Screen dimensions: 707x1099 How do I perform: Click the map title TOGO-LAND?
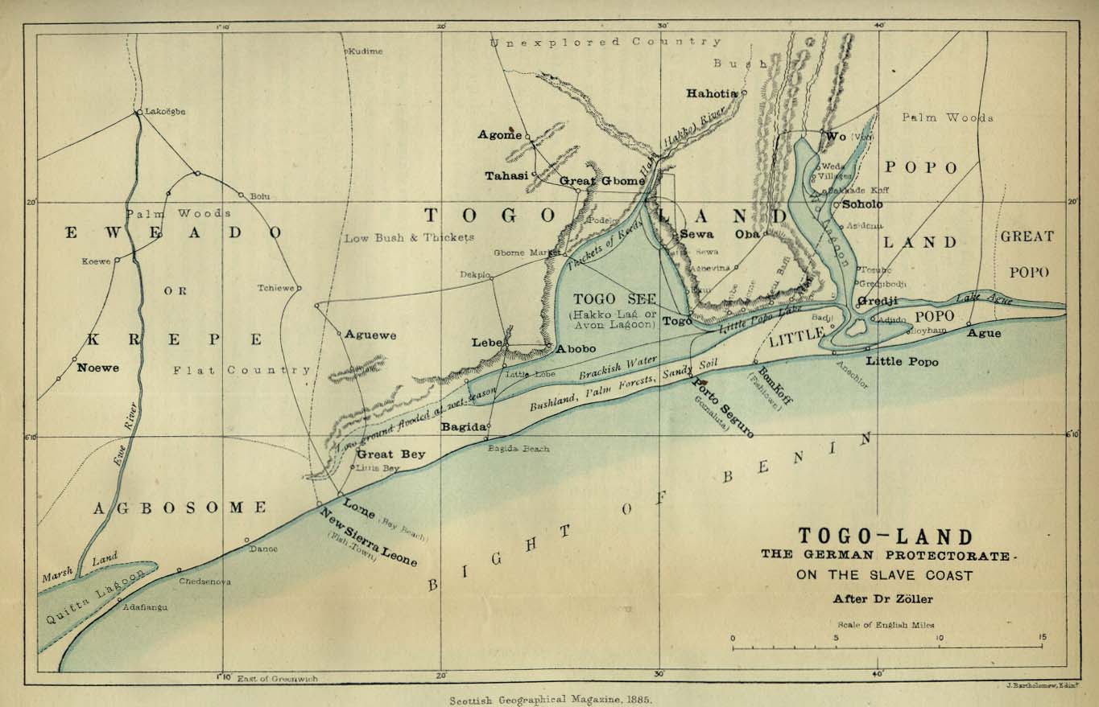coord(885,536)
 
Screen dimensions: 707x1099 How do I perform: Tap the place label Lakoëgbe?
coord(164,112)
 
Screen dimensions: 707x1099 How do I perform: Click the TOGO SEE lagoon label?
coord(615,298)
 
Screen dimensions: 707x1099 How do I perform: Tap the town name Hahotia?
coord(711,93)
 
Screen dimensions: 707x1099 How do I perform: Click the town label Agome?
coord(500,134)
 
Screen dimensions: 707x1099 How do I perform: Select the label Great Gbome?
coord(601,181)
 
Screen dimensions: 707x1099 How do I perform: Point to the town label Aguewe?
coord(370,335)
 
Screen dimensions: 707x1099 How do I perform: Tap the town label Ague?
coord(984,332)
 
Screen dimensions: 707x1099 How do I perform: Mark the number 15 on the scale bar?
coord(1042,638)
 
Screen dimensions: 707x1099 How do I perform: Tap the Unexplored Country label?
coord(606,42)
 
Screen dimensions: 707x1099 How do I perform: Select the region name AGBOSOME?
coord(179,508)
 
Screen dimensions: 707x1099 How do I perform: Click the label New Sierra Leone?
coord(368,537)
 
